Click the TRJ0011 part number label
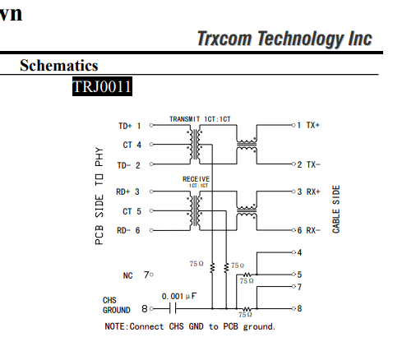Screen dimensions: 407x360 click(102, 86)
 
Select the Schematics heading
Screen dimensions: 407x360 click(59, 65)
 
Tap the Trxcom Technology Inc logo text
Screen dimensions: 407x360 click(284, 39)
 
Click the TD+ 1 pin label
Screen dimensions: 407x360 click(130, 126)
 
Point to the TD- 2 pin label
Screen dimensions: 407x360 click(128, 165)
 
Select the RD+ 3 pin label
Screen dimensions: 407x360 click(127, 192)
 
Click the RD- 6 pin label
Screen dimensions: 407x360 click(128, 230)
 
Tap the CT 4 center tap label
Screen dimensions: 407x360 click(132, 145)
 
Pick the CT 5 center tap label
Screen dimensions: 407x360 click(132, 211)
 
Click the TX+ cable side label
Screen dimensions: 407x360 click(313, 125)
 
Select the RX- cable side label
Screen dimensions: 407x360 click(313, 230)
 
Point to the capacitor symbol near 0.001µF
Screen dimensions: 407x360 click(173, 309)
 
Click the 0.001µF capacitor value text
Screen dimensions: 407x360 click(179, 296)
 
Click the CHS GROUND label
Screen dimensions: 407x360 click(117, 305)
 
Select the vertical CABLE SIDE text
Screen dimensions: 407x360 click(336, 210)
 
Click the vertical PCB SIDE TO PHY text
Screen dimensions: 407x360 click(99, 196)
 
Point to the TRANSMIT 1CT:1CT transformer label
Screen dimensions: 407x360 click(200, 119)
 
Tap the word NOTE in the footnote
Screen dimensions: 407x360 click(115, 326)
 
